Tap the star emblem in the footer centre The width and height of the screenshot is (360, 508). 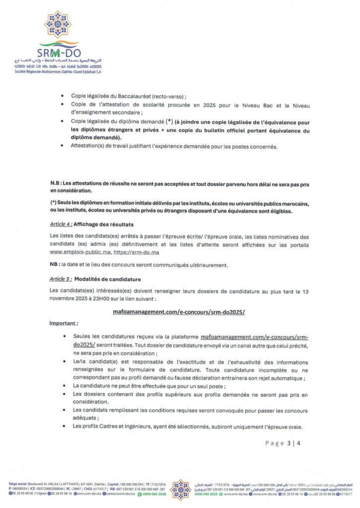(180, 489)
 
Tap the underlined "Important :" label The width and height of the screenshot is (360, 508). (66, 323)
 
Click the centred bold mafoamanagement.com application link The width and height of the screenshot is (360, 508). (180, 312)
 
